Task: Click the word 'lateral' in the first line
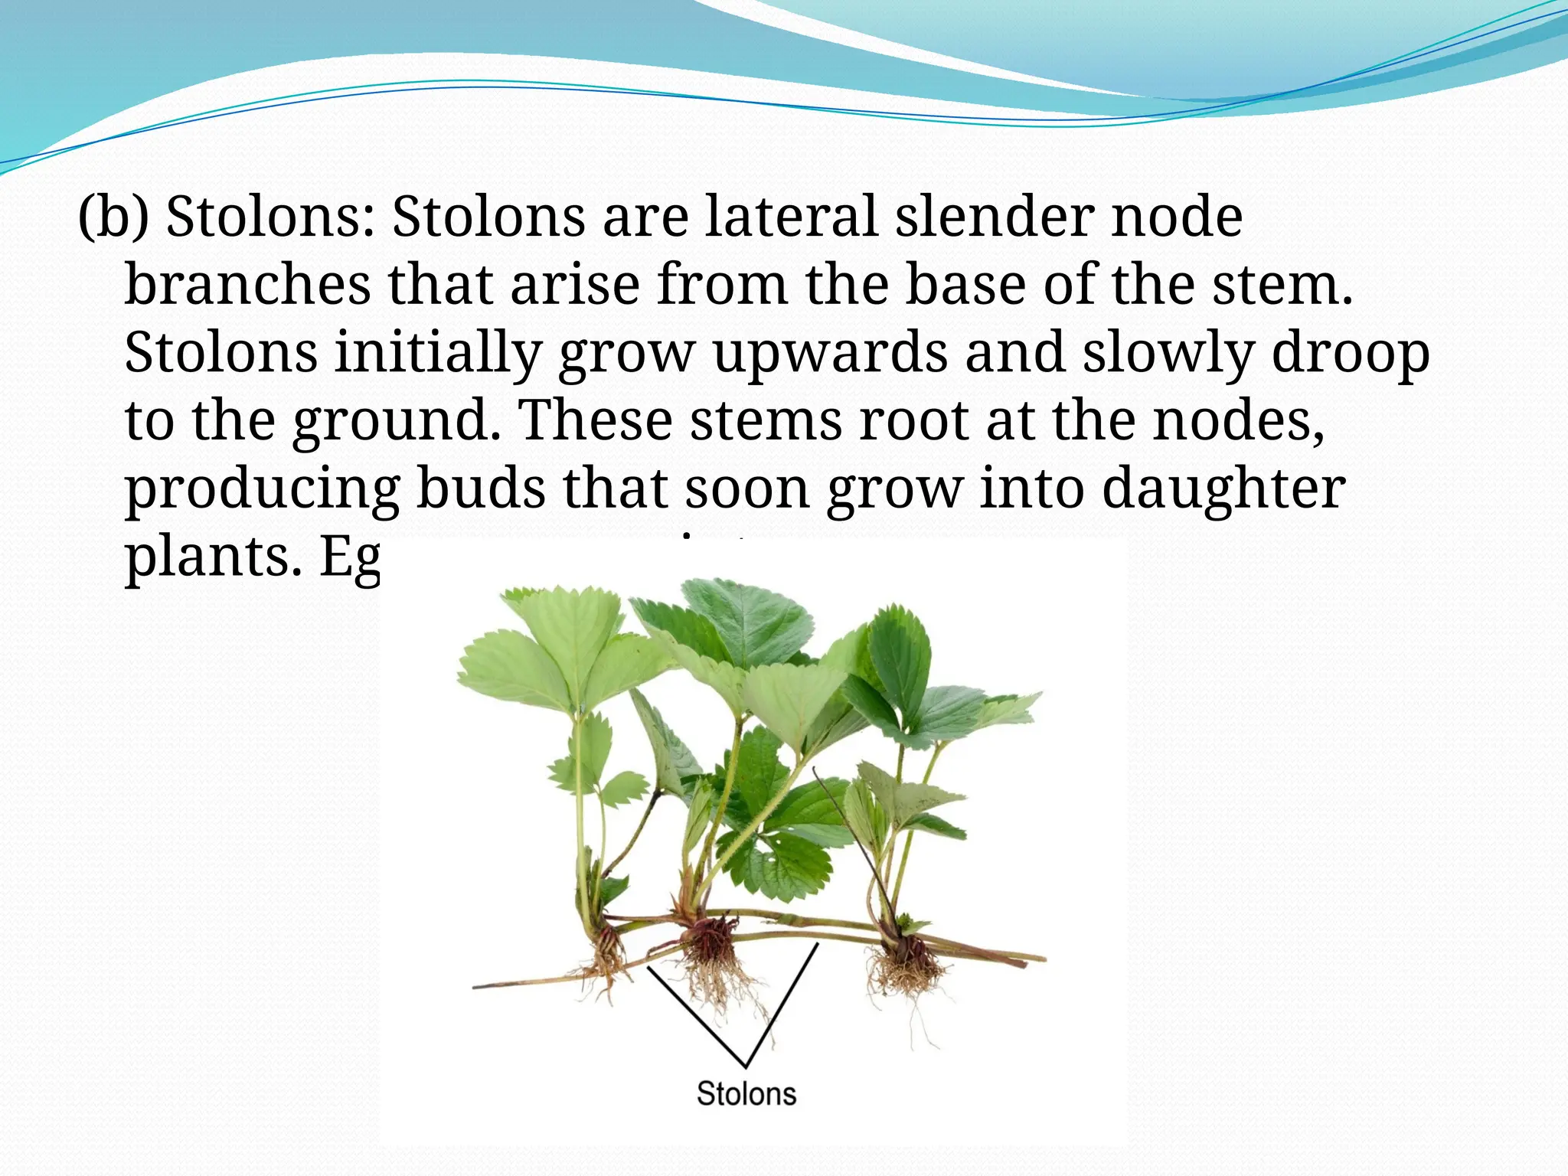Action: tap(791, 217)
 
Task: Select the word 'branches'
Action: tap(247, 285)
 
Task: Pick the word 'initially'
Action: tap(438, 353)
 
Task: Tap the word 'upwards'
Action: tap(830, 353)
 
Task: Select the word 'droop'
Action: tap(1351, 353)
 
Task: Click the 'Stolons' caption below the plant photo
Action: tap(746, 1093)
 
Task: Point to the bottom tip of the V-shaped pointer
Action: tap(746, 1067)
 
